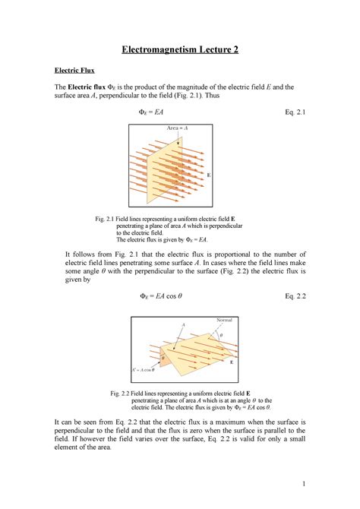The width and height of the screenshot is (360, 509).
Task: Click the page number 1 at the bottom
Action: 302,485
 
